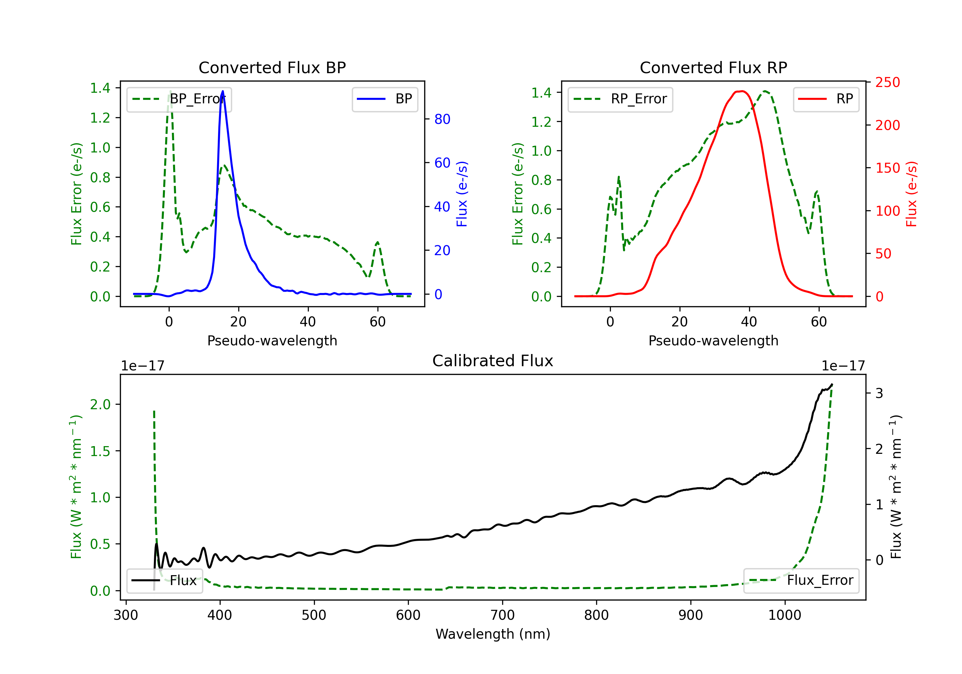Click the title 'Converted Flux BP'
(x=272, y=67)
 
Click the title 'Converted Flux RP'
(x=713, y=67)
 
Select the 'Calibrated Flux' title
(x=493, y=361)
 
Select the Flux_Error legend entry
(x=801, y=581)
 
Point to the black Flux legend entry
(x=165, y=581)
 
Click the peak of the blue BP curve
(x=223, y=91)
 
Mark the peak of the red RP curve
(x=742, y=91)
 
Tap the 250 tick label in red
(x=887, y=82)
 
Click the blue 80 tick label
(x=442, y=119)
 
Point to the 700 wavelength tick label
(x=502, y=615)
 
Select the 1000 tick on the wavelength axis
(x=785, y=615)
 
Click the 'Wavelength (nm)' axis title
(x=493, y=634)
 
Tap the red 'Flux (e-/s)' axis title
(x=911, y=194)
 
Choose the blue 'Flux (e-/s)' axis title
(x=462, y=194)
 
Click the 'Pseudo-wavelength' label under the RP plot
(x=713, y=341)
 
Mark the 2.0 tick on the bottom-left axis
(x=100, y=404)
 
